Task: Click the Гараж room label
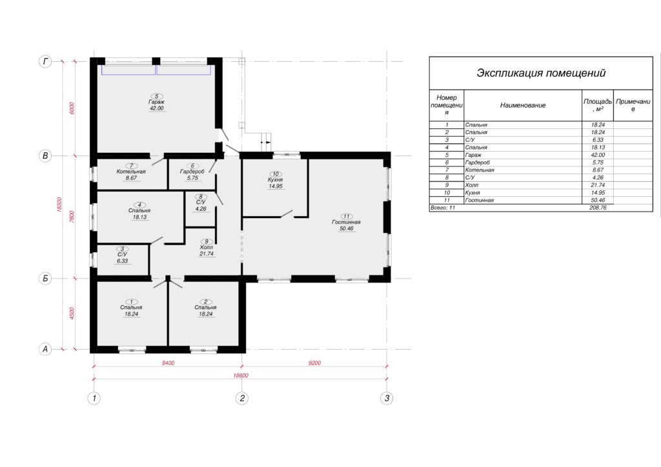pyautogui.click(x=156, y=102)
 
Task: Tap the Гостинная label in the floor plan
pyautogui.click(x=346, y=222)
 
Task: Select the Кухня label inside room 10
pyautogui.click(x=275, y=180)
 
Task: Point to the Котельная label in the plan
pyautogui.click(x=131, y=172)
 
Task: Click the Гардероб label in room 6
pyautogui.click(x=192, y=172)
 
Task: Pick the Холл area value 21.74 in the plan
pyautogui.click(x=207, y=254)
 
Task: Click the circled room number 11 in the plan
pyautogui.click(x=347, y=217)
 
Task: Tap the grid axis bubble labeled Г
pyautogui.click(x=45, y=61)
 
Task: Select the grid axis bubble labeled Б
pyautogui.click(x=45, y=279)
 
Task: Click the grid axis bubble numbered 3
pyautogui.click(x=387, y=398)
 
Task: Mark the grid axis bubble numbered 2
pyautogui.click(x=242, y=398)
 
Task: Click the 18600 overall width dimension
pyautogui.click(x=241, y=375)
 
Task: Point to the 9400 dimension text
pyautogui.click(x=168, y=363)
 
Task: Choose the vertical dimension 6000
pyautogui.click(x=72, y=108)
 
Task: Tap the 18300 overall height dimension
pyautogui.click(x=59, y=204)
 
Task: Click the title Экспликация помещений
pyautogui.click(x=541, y=73)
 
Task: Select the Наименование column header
pyautogui.click(x=523, y=105)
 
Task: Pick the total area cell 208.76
pyautogui.click(x=598, y=208)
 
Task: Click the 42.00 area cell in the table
pyautogui.click(x=598, y=155)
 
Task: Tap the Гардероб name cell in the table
pyautogui.click(x=478, y=163)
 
